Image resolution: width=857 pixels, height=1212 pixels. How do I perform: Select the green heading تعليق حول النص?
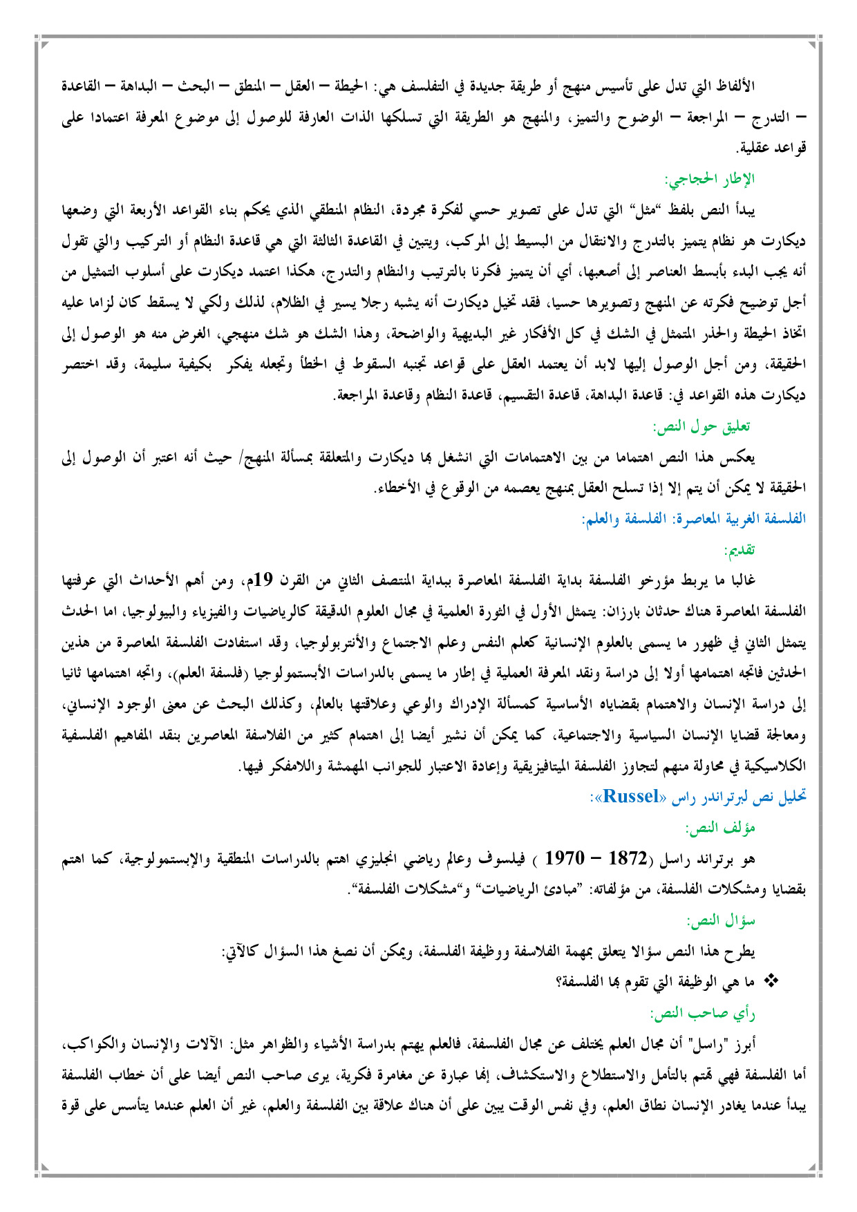click(x=704, y=426)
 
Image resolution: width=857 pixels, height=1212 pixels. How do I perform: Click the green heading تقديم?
click(x=739, y=550)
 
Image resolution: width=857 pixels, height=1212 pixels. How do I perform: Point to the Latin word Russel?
click(x=631, y=797)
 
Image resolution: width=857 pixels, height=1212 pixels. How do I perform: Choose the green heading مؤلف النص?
click(x=720, y=827)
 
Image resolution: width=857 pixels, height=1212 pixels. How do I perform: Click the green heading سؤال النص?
click(x=721, y=920)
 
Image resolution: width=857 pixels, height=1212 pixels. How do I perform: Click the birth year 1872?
click(x=628, y=859)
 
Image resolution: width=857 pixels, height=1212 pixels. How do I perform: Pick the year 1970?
click(x=565, y=859)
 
